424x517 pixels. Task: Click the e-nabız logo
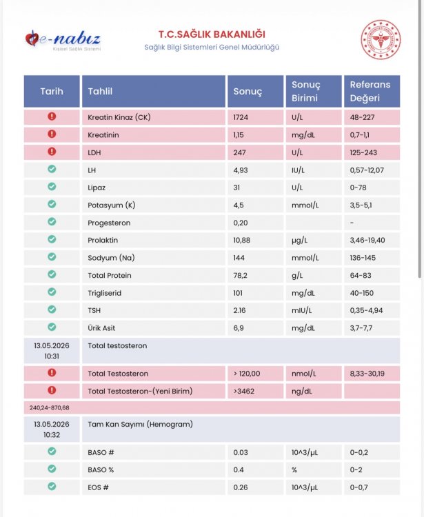click(63, 40)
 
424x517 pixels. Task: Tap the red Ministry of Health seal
click(381, 39)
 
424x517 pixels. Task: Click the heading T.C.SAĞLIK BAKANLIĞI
click(212, 34)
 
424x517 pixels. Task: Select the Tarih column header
click(52, 91)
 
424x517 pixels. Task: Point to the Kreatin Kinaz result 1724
click(241, 117)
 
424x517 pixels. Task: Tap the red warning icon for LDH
click(52, 152)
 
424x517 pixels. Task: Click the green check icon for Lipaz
click(52, 187)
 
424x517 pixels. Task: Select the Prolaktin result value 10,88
click(242, 240)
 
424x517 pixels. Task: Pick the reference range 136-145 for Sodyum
click(363, 258)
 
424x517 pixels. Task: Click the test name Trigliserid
click(105, 293)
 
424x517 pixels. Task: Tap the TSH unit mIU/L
click(302, 311)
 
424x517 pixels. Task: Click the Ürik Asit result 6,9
click(239, 328)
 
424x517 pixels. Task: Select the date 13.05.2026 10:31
click(52, 351)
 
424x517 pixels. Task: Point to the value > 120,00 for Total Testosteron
click(247, 374)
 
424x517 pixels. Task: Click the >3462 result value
click(243, 392)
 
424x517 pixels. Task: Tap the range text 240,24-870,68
click(50, 408)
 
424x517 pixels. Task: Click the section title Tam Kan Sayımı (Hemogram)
click(140, 425)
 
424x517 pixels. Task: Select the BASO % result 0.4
click(239, 470)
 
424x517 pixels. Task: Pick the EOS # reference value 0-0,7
click(359, 487)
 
